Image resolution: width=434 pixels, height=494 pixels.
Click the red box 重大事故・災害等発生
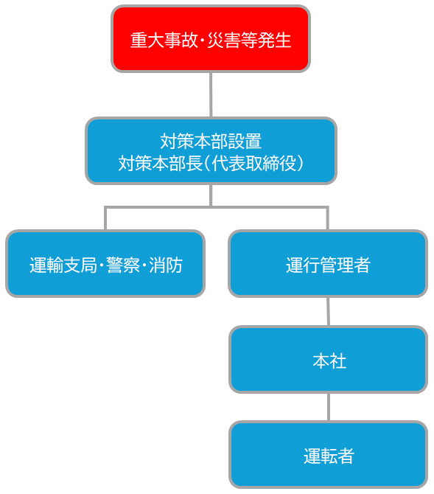(x=211, y=39)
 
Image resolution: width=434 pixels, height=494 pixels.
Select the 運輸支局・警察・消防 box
(x=105, y=263)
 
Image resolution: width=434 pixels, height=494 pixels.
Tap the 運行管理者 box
(x=328, y=263)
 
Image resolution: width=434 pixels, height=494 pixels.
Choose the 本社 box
(x=328, y=360)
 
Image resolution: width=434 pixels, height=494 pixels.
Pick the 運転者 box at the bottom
(x=328, y=455)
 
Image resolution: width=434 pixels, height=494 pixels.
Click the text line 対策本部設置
(x=211, y=141)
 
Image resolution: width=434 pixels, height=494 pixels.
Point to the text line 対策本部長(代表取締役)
(x=211, y=163)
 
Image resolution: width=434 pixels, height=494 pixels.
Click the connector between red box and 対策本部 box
(x=211, y=95)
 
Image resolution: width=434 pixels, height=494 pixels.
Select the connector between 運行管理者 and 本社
(x=328, y=311)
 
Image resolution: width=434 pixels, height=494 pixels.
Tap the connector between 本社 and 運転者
(x=329, y=407)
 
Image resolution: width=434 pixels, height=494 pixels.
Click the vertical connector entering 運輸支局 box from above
(x=105, y=218)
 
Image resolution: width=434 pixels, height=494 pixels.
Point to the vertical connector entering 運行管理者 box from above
(x=328, y=218)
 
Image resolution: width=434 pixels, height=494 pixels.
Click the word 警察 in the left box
(x=123, y=265)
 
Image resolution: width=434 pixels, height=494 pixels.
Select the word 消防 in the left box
(x=166, y=265)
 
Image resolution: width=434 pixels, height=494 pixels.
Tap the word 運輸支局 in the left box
(x=63, y=265)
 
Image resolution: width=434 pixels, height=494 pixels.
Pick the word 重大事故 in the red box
(x=164, y=41)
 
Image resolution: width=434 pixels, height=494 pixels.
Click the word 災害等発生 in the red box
(x=249, y=41)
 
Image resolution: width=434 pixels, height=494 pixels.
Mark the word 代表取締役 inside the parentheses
(x=254, y=163)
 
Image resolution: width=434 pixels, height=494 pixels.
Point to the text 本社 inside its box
(x=329, y=361)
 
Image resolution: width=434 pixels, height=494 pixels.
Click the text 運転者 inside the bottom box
(x=329, y=456)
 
